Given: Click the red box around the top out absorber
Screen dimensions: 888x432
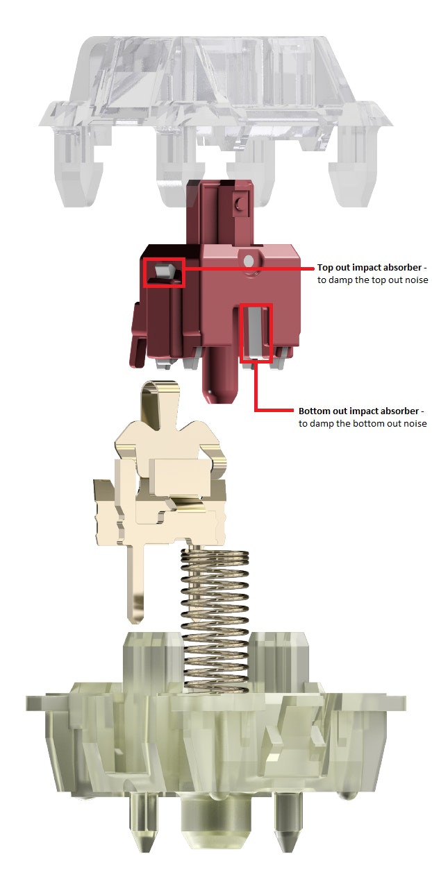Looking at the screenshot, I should tap(164, 272).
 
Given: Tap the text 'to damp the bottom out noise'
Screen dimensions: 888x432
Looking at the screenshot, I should tap(363, 423).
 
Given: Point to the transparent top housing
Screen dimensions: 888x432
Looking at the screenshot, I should tap(215, 83).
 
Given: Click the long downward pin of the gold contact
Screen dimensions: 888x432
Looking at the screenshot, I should tap(136, 583).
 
